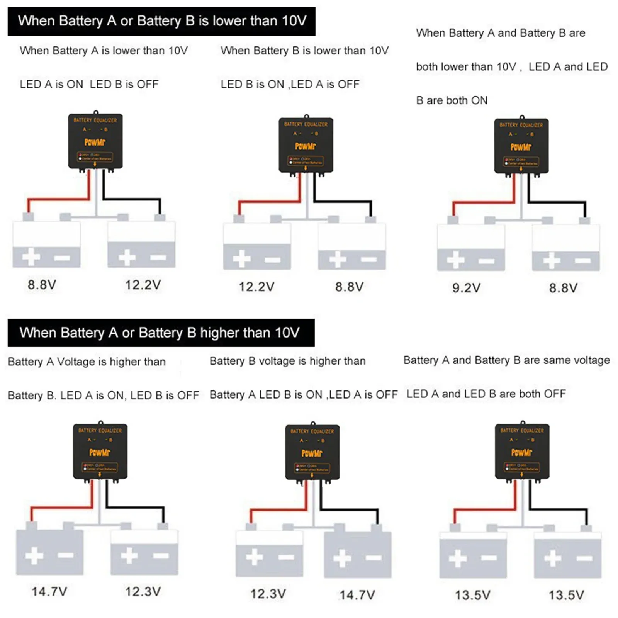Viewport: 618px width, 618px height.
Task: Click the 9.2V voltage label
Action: (466, 288)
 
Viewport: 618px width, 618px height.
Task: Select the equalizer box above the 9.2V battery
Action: (521, 146)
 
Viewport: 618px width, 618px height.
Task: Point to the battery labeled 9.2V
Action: (470, 247)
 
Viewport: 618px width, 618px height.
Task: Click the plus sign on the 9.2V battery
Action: (456, 260)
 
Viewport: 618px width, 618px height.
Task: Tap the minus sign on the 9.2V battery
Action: (486, 261)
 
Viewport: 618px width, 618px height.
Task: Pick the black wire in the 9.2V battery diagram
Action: (556, 202)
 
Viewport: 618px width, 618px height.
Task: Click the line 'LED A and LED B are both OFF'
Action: (486, 394)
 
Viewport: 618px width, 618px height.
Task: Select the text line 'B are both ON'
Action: (452, 100)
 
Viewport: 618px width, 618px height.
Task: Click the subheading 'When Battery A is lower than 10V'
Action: (104, 51)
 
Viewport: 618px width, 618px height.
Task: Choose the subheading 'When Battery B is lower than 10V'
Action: (304, 51)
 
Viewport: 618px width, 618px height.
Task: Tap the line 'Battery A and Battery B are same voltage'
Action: (506, 360)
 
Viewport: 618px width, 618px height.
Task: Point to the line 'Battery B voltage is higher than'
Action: (287, 361)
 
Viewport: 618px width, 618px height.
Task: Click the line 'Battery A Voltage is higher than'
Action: (87, 362)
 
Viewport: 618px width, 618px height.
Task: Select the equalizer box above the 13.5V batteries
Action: (522, 452)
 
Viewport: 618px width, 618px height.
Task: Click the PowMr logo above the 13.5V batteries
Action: (521, 452)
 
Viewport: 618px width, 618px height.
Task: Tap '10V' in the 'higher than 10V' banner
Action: (287, 333)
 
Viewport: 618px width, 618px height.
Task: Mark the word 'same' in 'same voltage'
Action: (557, 360)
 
